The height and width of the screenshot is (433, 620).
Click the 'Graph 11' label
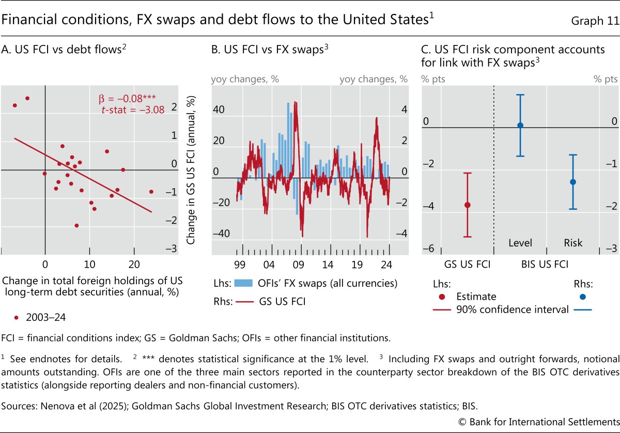click(x=594, y=21)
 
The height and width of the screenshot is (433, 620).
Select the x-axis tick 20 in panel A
click(x=134, y=263)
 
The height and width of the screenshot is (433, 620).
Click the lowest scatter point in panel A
click(x=76, y=225)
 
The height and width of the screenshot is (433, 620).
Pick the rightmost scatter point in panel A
click(x=151, y=191)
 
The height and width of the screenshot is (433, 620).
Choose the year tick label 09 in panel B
click(x=298, y=263)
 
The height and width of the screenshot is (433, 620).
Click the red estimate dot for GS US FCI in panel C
click(x=468, y=205)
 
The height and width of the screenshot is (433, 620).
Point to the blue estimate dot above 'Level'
click(x=520, y=126)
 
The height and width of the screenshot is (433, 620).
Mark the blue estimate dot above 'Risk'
click(x=572, y=182)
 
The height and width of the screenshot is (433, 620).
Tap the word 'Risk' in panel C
click(x=573, y=243)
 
